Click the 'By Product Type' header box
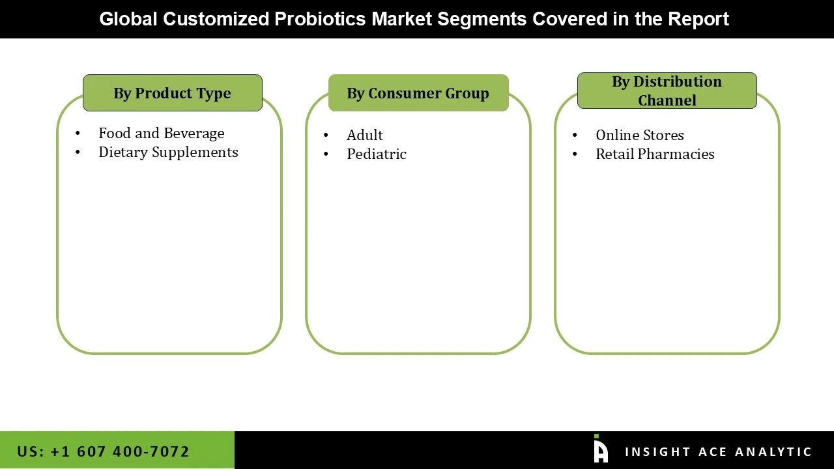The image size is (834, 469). [x=172, y=93]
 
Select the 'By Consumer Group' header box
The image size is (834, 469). [x=418, y=93]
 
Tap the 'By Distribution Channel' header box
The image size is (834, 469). [x=667, y=91]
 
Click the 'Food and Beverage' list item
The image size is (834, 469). [x=161, y=134]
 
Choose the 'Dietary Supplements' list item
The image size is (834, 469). [x=168, y=152]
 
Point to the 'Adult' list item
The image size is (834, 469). [x=364, y=135]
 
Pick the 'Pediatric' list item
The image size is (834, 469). [x=376, y=154]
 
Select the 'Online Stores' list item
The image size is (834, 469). [x=639, y=135]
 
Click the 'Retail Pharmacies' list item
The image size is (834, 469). [x=654, y=154]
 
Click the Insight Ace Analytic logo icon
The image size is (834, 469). [x=600, y=449]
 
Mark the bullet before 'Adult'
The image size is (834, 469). [x=326, y=135]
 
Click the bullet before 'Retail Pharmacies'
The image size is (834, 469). [x=575, y=154]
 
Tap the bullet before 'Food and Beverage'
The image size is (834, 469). [x=78, y=134]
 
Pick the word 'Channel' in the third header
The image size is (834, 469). [x=667, y=100]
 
